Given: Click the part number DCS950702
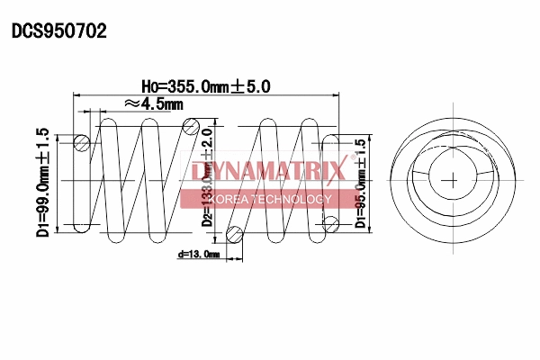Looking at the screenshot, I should pyautogui.click(x=58, y=31).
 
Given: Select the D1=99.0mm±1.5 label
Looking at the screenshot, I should pyautogui.click(x=42, y=183).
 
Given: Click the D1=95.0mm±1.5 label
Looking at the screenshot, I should pyautogui.click(x=361, y=184).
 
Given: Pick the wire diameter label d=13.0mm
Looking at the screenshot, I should pyautogui.click(x=198, y=255).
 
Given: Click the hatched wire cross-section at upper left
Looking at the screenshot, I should pyautogui.click(x=81, y=141).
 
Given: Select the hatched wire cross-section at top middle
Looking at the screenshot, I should pyautogui.click(x=190, y=127).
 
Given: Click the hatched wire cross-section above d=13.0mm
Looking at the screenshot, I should pyautogui.click(x=235, y=236).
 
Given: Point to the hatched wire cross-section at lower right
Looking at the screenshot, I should pyautogui.click(x=330, y=222).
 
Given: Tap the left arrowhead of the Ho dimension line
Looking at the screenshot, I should pyautogui.click(x=75, y=94).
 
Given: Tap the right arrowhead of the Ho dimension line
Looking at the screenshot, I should pyautogui.click(x=339, y=94).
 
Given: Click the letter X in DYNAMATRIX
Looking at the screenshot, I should pyautogui.click(x=336, y=171).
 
